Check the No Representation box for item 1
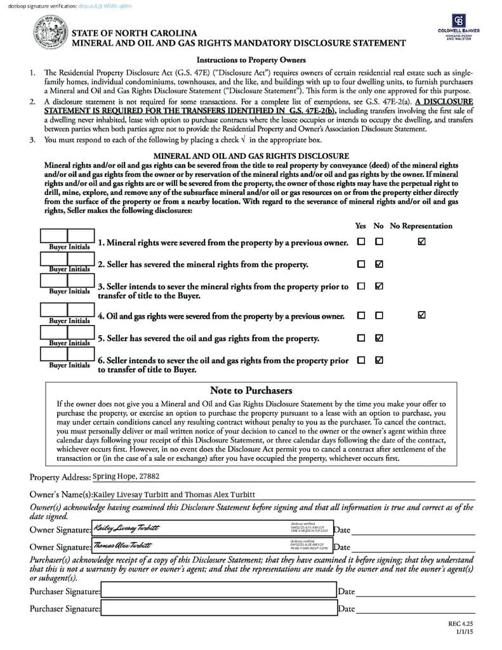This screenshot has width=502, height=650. point(422,242)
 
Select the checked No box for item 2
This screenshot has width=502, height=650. point(379,264)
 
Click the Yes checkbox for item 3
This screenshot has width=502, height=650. point(361,286)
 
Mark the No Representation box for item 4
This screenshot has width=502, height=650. point(422,315)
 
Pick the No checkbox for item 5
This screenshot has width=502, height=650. point(379,337)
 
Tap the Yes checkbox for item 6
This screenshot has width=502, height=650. point(361,360)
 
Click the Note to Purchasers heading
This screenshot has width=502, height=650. point(251,390)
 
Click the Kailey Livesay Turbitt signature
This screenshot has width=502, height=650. point(127,529)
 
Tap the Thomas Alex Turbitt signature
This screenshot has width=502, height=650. point(123,545)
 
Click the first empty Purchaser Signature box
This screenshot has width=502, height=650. point(218,592)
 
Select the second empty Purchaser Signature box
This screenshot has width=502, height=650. point(218,609)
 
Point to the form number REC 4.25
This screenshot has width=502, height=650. point(462,624)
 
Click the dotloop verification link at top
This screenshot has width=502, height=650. point(104,6)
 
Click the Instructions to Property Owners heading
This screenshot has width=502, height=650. point(251,60)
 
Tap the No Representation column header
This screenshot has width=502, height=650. point(421,226)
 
